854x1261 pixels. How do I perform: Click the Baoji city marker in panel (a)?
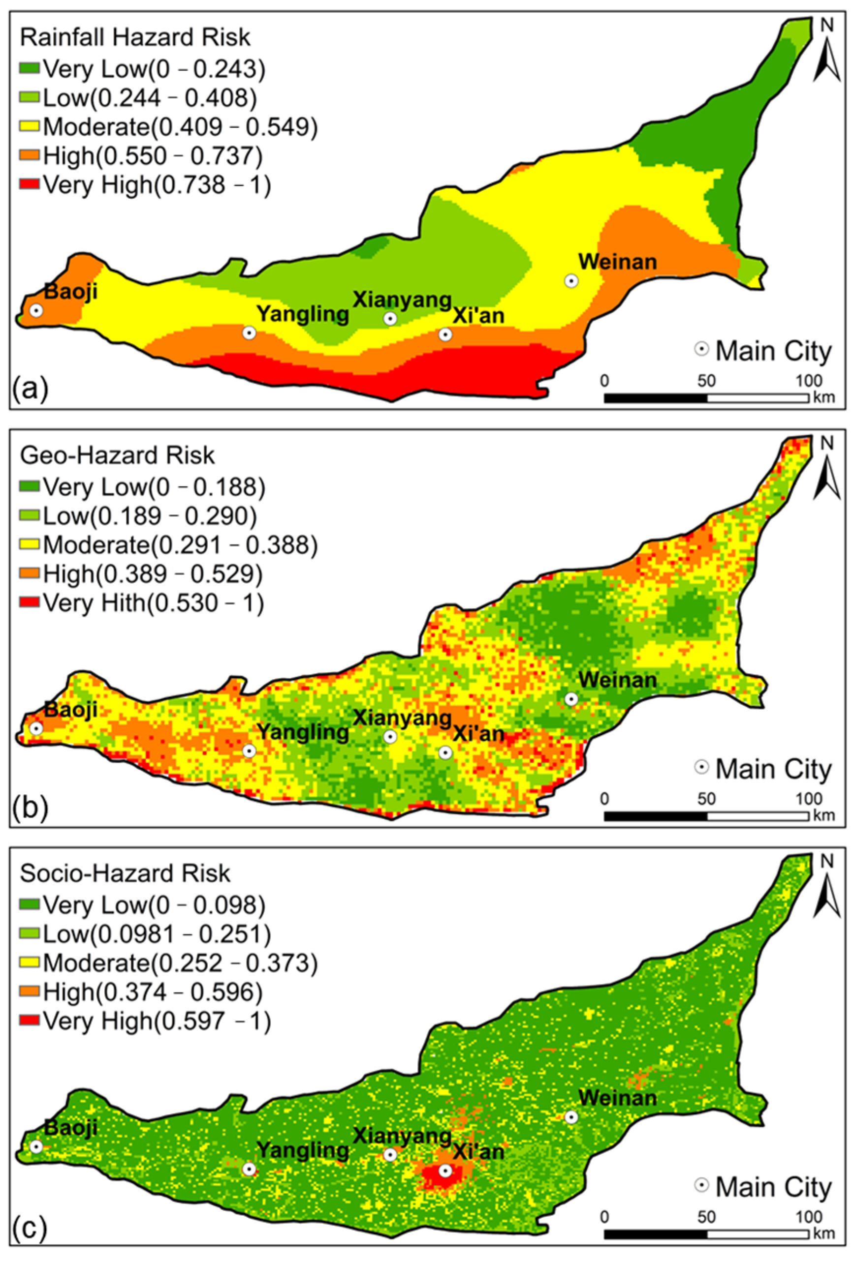[x=36, y=311]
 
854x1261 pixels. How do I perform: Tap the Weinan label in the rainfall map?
[x=617, y=262]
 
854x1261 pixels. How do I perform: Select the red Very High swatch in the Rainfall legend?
[x=30, y=184]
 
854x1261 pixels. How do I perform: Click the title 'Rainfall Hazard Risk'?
[x=135, y=37]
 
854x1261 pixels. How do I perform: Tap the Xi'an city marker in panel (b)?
[x=445, y=752]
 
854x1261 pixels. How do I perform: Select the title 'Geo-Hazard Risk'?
[x=117, y=455]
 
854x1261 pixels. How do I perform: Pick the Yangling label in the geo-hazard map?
[x=302, y=732]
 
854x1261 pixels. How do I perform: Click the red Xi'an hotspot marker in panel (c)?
[x=445, y=1171]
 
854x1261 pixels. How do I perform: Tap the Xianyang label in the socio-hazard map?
[x=402, y=1136]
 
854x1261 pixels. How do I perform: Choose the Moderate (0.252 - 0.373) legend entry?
[x=179, y=963]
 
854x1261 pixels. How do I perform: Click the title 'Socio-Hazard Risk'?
[x=125, y=873]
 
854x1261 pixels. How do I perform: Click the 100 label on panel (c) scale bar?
[x=809, y=1217]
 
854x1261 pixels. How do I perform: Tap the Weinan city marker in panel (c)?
[x=570, y=1117]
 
